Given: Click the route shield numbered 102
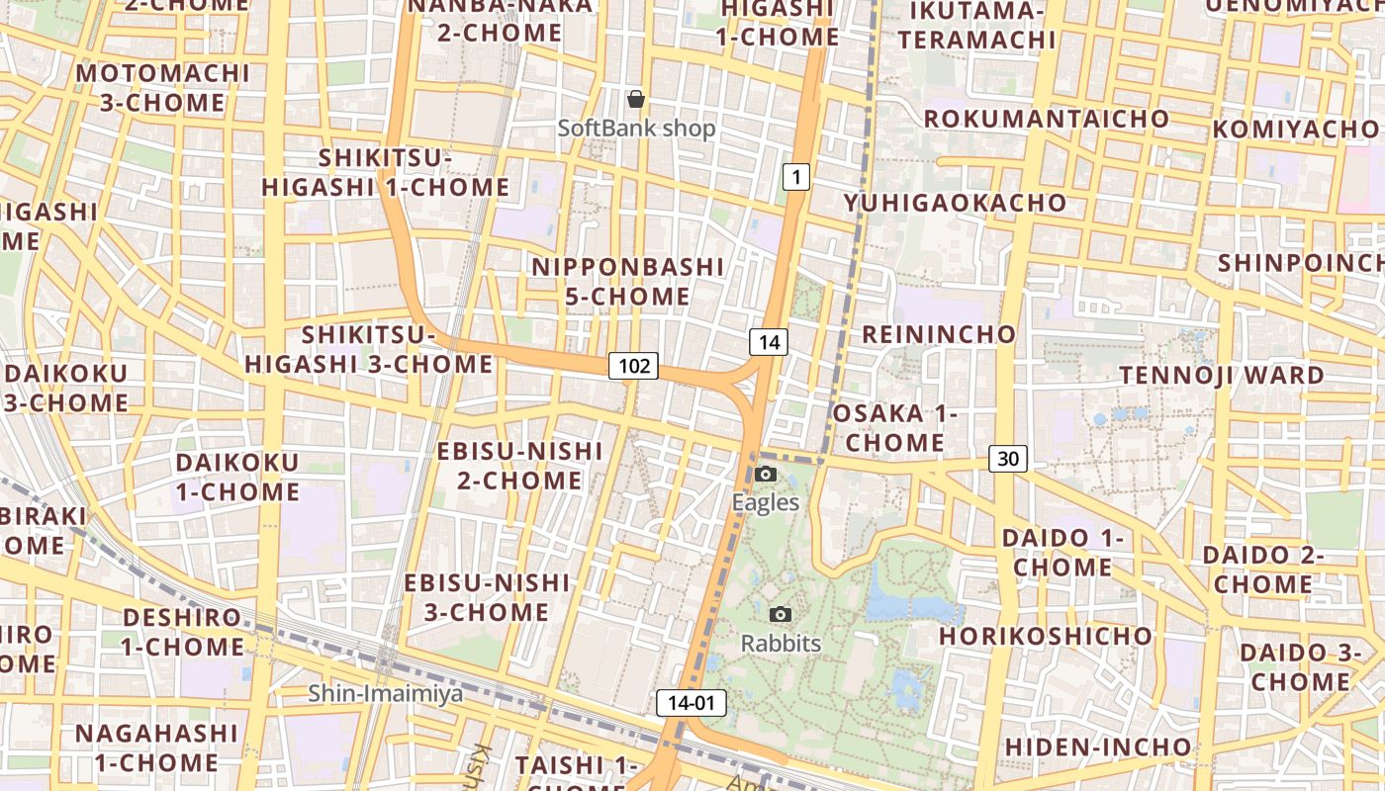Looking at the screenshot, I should coord(633,366).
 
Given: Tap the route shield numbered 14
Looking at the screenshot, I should coord(769,342).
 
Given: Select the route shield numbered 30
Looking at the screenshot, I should coord(1007,458).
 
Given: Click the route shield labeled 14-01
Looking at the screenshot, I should coord(691,703).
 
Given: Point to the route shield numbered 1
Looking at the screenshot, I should coord(796,177).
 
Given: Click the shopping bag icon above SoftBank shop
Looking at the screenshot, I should coord(636,99).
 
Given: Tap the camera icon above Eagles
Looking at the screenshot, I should coord(765,475).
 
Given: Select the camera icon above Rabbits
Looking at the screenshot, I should coord(781,615).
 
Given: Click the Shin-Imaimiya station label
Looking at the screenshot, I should coord(385,693).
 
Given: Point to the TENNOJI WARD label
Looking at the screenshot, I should coord(1221,376).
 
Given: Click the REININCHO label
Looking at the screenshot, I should coord(939,334).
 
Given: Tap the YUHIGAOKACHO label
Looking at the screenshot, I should coord(955,203).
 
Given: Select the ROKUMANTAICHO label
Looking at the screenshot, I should coord(1047,119).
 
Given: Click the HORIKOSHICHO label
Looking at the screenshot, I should coord(1046,635).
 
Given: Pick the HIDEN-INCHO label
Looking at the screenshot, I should coord(1098,746).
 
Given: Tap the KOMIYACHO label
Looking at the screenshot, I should coord(1295,130).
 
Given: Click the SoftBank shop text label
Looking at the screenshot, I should coord(636,128).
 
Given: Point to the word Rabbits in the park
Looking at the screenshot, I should coord(781,644).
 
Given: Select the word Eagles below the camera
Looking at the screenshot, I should coord(765,502).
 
